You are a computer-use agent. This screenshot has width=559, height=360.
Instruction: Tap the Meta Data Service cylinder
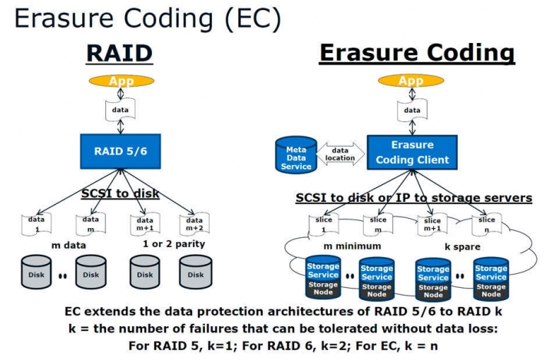pos(296,154)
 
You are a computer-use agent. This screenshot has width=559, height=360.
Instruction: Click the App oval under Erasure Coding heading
pos(412,80)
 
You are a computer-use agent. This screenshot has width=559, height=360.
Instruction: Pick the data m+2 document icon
pos(190,225)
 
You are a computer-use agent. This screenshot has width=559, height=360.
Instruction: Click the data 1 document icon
pos(36,225)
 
